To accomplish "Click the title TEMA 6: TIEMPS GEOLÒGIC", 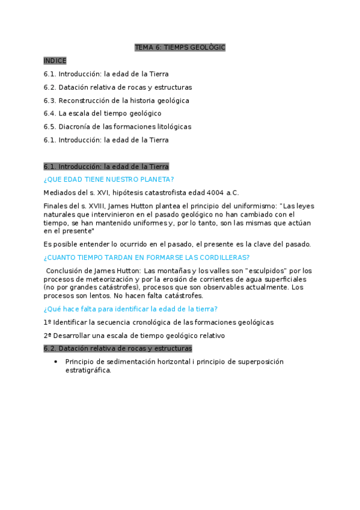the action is [x=180, y=48].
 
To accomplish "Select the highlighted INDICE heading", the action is [x=55, y=61].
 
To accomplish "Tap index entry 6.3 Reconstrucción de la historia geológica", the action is [x=116, y=100].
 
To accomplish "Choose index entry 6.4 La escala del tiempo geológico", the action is [x=102, y=114].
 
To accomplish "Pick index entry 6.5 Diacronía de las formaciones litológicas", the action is [x=117, y=127].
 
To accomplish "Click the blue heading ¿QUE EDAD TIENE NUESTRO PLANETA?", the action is [x=109, y=179].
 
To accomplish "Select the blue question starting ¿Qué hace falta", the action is [x=130, y=309].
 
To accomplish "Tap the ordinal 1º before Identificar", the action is [x=47, y=322].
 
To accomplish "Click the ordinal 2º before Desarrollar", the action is [x=47, y=336].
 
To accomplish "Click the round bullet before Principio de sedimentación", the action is [x=55, y=362].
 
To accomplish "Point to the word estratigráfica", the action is [x=88, y=370].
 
